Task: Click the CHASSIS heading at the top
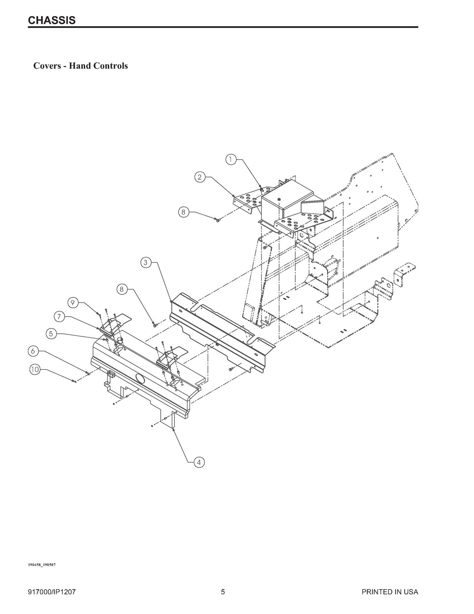coord(52,20)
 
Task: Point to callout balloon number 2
coord(199,177)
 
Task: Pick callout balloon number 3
coord(145,262)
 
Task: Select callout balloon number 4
coord(199,462)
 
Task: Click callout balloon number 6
coord(33,351)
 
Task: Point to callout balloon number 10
coord(35,369)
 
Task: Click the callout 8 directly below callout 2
coord(184,212)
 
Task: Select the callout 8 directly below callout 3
coord(122,289)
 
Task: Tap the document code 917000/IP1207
coord(51,592)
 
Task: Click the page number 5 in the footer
coord(223,592)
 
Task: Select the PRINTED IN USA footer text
coord(390,592)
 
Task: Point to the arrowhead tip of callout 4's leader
coord(174,429)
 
